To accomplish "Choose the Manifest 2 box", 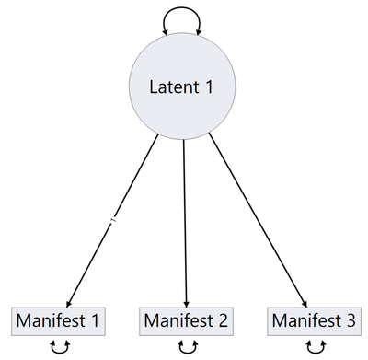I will point(187,321).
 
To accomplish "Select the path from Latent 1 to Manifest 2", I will point(185,221).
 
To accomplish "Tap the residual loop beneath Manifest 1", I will point(59,347).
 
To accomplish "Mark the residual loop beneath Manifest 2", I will point(187,347).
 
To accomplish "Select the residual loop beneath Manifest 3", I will point(315,347).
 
